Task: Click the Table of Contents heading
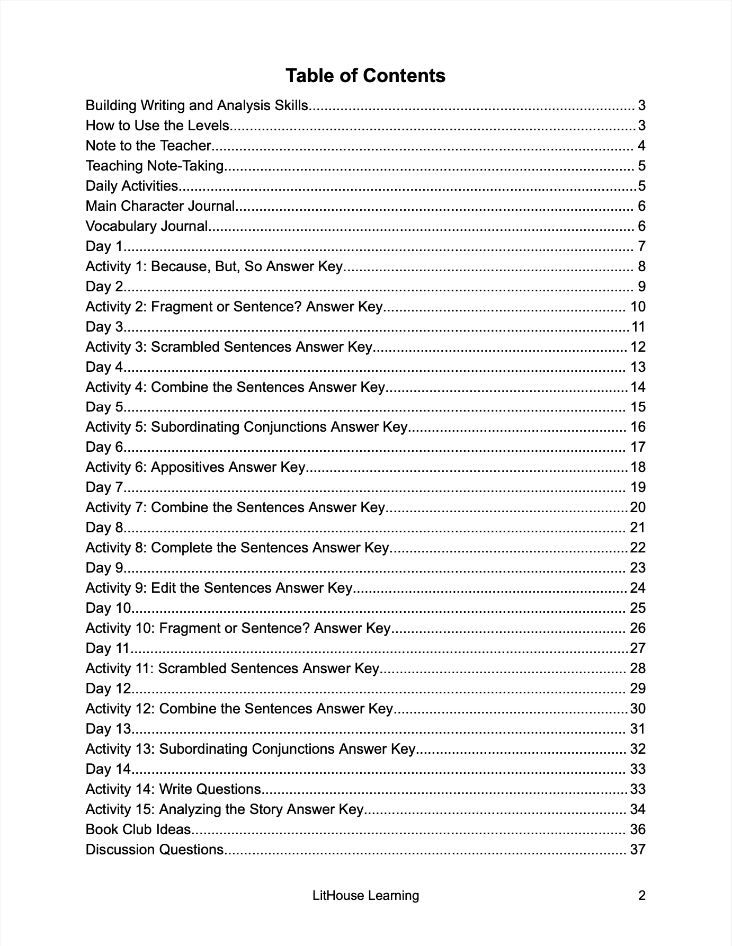click(x=365, y=76)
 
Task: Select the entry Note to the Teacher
click(x=149, y=146)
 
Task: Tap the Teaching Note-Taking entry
click(x=155, y=166)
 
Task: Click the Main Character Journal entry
click(x=160, y=206)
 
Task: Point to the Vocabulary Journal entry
click(x=147, y=226)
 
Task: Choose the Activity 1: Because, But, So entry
click(x=215, y=266)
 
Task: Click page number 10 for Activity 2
click(x=638, y=307)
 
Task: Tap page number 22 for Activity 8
click(x=638, y=548)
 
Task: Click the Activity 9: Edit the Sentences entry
click(x=219, y=588)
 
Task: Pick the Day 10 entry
click(x=108, y=608)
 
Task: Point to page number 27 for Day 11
click(x=638, y=648)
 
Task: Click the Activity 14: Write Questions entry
click(x=173, y=789)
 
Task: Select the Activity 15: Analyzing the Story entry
click(x=225, y=809)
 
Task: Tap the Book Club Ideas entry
click(x=138, y=829)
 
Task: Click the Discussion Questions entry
click(x=155, y=850)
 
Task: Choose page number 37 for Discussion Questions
click(x=638, y=850)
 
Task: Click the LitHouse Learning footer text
click(x=365, y=896)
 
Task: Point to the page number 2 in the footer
click(x=642, y=896)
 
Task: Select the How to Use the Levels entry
click(x=157, y=126)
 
